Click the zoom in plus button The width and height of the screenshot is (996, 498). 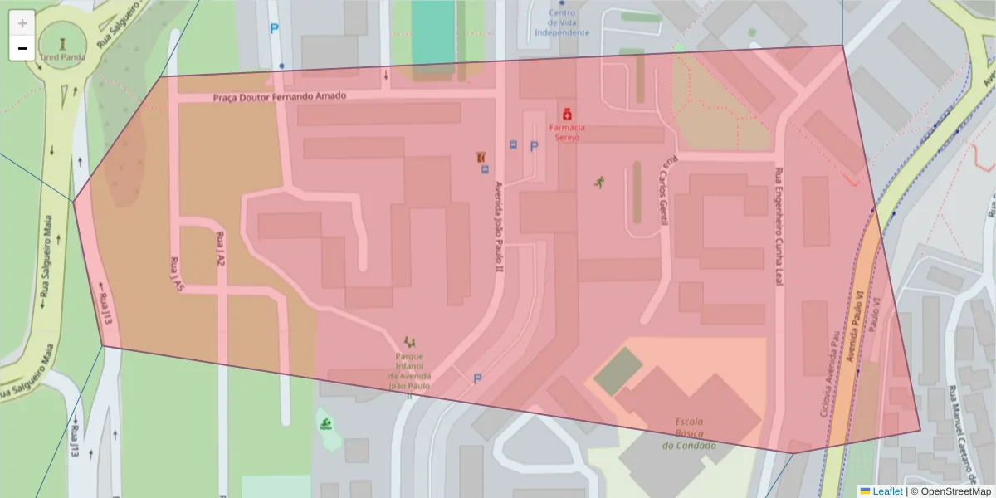coord(22,23)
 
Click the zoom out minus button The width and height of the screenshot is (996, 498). coord(22,48)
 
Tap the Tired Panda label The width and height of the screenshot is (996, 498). coord(61,58)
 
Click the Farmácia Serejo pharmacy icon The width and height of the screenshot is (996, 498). coord(567,113)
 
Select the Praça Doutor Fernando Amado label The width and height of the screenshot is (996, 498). coord(279,96)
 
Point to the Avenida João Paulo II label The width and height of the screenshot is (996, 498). coord(499,227)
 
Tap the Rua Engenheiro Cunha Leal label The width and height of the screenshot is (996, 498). coord(779,227)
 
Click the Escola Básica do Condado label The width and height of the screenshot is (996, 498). coord(689,433)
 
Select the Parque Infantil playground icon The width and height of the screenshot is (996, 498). coord(408,341)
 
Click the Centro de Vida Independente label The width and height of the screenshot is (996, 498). coord(562,22)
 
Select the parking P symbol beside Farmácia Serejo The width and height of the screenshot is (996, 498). coord(534,146)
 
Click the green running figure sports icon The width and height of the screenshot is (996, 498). coord(598,182)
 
